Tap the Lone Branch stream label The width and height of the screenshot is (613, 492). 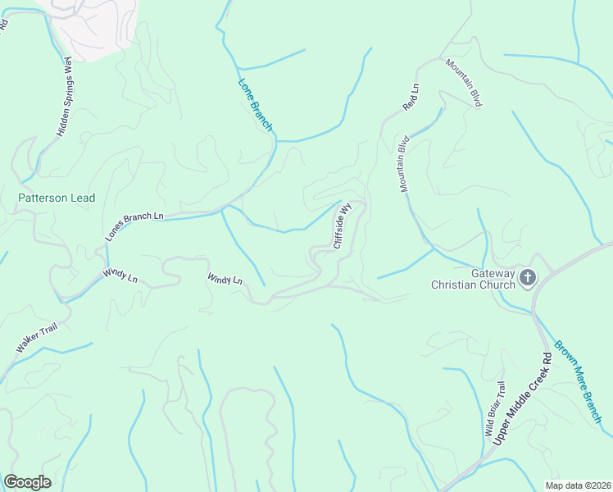255,104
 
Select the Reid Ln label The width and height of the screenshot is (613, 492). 411,97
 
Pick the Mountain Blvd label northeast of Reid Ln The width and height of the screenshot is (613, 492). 463,82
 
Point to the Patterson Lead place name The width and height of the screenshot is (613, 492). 57,198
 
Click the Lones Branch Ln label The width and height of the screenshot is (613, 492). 134,227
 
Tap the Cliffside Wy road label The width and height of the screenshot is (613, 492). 342,226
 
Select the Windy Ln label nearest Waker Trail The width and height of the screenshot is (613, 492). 120,276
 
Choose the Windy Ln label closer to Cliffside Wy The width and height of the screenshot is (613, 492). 225,279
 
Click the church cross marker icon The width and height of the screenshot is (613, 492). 526,279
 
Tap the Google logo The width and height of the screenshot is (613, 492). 28,481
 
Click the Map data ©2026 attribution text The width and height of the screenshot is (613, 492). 578,485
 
